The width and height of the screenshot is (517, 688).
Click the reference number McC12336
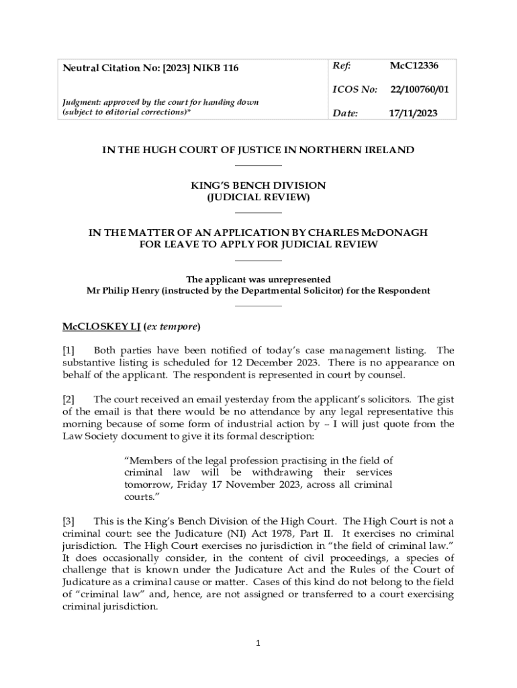click(x=414, y=66)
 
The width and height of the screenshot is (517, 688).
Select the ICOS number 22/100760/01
click(x=420, y=89)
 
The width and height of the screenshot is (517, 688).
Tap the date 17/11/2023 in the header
click(x=413, y=114)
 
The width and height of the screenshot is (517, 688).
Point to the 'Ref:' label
click(x=342, y=66)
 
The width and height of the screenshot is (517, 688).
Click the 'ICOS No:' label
click(x=355, y=89)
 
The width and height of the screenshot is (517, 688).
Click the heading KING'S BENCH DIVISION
click(x=258, y=185)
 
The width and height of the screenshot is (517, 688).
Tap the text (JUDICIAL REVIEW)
click(x=258, y=198)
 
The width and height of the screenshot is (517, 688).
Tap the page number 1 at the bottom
click(x=258, y=644)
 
